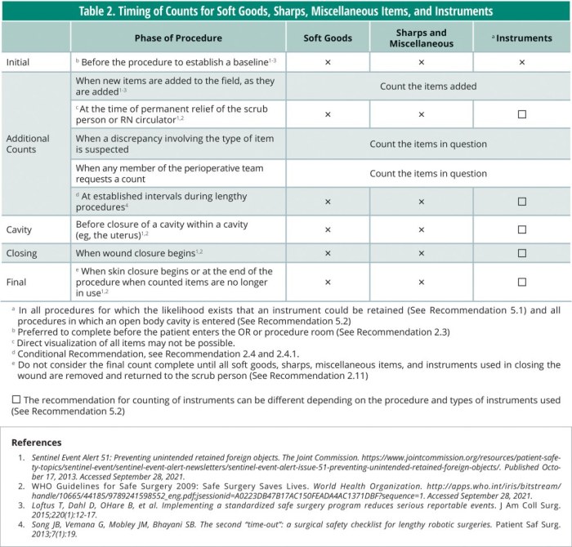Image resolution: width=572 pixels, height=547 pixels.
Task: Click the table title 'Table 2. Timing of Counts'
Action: click(286, 11)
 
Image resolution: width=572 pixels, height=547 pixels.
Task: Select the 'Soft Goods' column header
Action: click(328, 38)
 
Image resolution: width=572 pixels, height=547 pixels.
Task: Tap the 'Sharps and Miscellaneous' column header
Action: click(421, 38)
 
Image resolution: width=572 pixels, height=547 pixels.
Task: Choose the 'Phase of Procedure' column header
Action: click(178, 38)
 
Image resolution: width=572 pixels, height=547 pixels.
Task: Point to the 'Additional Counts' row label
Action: click(28, 145)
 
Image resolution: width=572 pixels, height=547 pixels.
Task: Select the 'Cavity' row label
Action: click(20, 229)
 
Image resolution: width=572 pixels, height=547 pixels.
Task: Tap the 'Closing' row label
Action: click(22, 254)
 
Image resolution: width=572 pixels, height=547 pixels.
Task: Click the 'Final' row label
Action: click(17, 282)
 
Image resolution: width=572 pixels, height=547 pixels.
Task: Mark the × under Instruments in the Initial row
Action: click(522, 62)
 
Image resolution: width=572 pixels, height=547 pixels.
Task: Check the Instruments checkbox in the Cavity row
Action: click(522, 229)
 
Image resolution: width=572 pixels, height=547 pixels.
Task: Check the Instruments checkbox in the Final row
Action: click(522, 282)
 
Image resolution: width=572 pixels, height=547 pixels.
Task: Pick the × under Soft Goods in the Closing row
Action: click(328, 254)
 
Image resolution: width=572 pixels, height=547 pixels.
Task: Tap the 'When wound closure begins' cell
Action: click(137, 254)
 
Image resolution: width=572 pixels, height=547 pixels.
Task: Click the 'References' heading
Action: click(36, 442)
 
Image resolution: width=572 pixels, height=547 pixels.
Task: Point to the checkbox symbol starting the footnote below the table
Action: click(16, 399)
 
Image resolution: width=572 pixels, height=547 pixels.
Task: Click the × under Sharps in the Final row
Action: click(422, 282)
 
